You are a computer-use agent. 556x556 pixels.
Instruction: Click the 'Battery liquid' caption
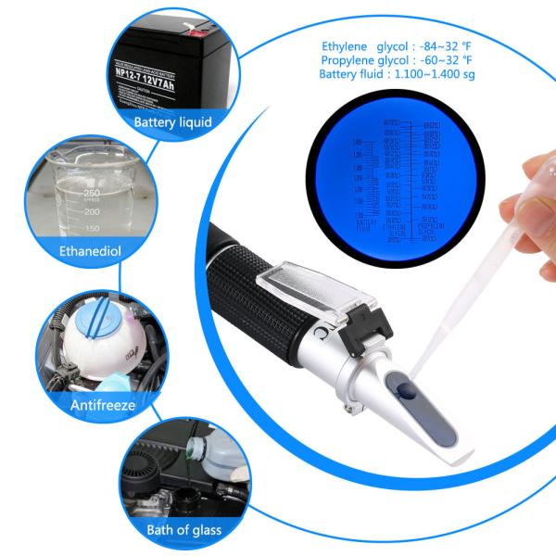point(172,121)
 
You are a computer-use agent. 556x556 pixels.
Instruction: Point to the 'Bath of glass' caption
point(182,531)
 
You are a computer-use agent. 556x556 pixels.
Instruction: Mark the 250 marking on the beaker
point(92,192)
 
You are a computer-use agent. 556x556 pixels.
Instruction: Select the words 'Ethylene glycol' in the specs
point(359,46)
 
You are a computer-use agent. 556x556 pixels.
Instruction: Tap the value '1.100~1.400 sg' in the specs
point(437,74)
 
